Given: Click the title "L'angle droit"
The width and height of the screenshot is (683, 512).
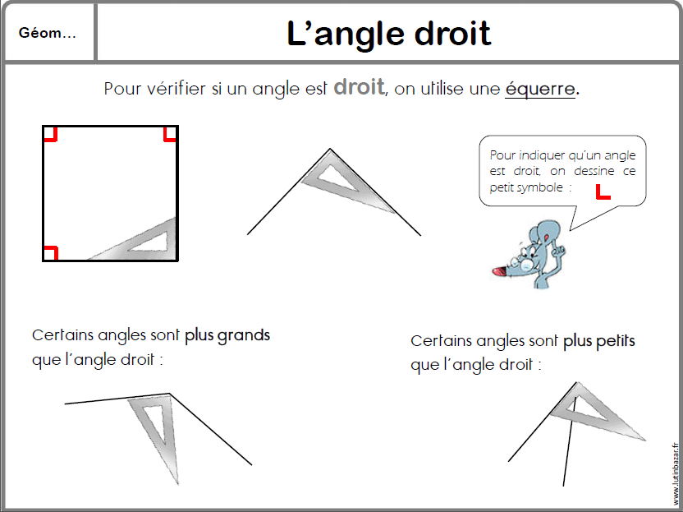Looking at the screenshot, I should [x=389, y=34].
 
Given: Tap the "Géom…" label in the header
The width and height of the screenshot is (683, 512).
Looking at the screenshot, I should [x=47, y=34].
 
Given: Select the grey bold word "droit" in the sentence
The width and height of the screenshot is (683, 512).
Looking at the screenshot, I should [x=359, y=87].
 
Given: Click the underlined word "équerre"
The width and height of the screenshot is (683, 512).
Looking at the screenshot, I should [x=540, y=89].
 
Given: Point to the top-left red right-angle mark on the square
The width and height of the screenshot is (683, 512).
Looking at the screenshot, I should [x=50, y=134].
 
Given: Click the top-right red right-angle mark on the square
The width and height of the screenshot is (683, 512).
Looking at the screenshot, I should [x=170, y=134].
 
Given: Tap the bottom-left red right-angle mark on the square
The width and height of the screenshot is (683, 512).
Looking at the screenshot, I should [x=50, y=252].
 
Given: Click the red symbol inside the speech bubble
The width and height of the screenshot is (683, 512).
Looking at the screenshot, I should [x=603, y=192].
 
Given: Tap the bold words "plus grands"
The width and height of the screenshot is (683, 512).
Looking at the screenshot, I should [x=227, y=335].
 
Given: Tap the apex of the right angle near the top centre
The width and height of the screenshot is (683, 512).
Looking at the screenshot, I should [x=331, y=150].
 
